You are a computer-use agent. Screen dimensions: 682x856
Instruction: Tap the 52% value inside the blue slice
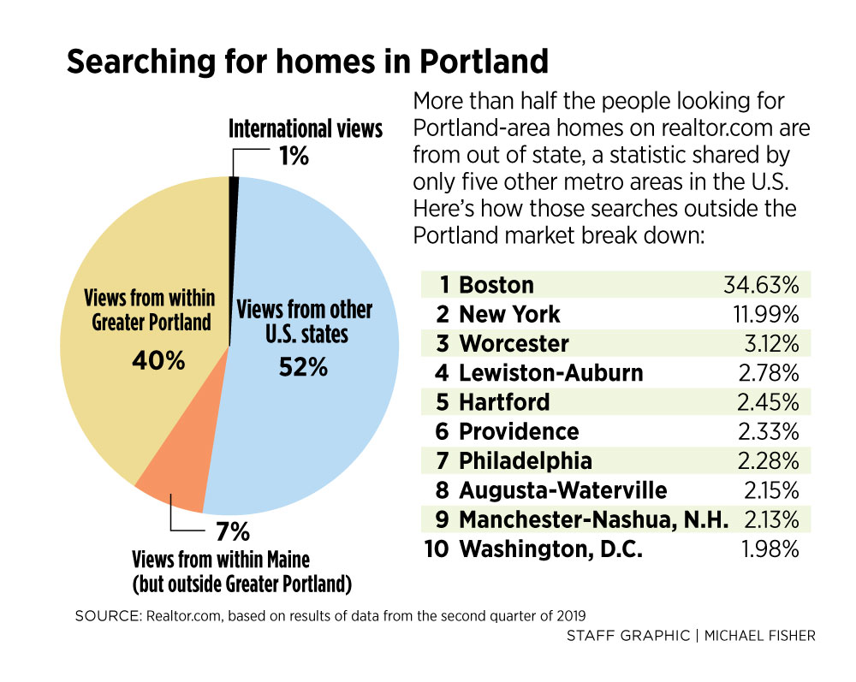[304, 367]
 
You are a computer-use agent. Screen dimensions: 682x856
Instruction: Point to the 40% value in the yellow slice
[158, 360]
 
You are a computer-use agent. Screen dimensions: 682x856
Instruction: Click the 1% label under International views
[293, 157]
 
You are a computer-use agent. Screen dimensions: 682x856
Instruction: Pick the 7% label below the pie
[232, 532]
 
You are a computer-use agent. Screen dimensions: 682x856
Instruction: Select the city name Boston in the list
[496, 285]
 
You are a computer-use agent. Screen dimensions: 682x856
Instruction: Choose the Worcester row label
[514, 344]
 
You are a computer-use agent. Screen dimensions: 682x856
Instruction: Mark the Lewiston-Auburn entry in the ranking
[551, 373]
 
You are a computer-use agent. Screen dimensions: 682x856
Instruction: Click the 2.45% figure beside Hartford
[768, 402]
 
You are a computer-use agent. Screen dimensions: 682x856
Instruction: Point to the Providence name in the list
[519, 431]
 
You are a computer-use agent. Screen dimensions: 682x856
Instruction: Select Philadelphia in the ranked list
[526, 460]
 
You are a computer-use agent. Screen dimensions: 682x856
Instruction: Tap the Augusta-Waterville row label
[562, 490]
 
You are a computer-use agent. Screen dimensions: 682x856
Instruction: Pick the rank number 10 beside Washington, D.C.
[437, 549]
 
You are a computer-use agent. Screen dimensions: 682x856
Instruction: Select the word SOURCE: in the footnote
[104, 615]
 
